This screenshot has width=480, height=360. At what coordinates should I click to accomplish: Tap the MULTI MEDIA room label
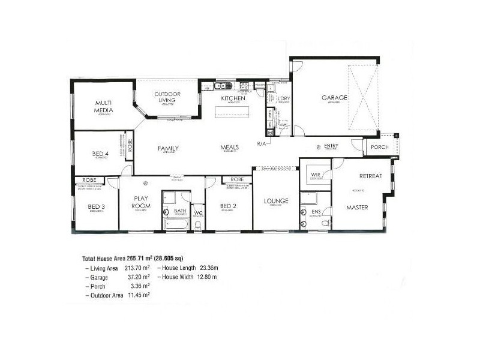103,106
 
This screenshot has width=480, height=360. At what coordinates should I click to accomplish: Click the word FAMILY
168,148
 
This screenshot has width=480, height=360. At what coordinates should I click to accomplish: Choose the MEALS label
230,146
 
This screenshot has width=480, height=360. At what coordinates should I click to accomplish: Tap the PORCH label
379,147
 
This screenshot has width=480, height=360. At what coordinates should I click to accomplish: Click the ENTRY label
331,146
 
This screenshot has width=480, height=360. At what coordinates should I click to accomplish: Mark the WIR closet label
314,176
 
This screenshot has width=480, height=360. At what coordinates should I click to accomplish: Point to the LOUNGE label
275,200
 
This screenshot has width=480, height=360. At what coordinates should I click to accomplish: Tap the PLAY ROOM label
142,202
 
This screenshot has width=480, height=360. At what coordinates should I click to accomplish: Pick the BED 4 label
100,154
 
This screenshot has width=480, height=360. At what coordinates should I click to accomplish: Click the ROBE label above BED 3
89,179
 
